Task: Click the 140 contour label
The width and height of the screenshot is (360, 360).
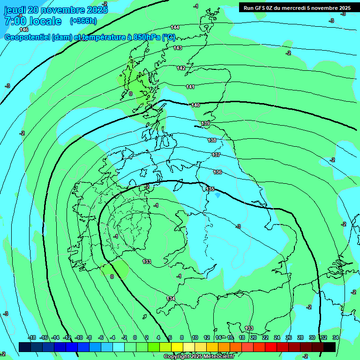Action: point(195,105)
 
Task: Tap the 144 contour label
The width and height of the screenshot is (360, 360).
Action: point(175,27)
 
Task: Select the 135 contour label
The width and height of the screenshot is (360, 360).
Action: point(210,189)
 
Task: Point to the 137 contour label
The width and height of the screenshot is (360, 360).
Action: point(216,155)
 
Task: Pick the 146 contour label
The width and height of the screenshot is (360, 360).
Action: point(24,30)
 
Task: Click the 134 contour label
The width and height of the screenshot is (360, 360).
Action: point(171,299)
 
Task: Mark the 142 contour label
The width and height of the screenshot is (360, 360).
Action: point(181,68)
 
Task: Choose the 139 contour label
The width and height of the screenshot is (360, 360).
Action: point(205,123)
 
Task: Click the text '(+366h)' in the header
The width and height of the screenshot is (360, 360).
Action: point(83,21)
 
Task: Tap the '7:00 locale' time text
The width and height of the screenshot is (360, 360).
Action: point(33,21)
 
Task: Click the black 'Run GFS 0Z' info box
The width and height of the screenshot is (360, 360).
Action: point(297,7)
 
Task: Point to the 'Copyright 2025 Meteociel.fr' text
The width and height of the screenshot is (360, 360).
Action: point(199,357)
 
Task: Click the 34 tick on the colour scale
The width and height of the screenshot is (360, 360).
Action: point(336,337)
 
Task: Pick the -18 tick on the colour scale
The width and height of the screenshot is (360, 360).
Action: point(32,337)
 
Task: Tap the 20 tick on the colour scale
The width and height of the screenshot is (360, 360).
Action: point(254,337)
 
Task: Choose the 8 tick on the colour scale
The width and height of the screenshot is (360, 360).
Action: point(182,337)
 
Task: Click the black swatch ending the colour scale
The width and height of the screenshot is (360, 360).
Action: point(330,347)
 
